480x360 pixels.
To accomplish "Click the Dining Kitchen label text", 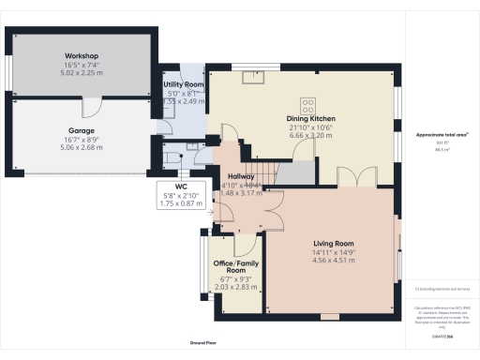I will (309, 119).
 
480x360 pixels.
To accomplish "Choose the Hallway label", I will (242, 175).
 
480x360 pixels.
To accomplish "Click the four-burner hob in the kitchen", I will (307, 102).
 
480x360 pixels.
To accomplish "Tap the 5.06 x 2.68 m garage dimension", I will (82, 146).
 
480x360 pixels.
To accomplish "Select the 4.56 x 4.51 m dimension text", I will (332, 260).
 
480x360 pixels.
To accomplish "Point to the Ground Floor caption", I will (203, 343).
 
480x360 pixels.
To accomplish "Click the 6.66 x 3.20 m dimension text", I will (309, 135).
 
